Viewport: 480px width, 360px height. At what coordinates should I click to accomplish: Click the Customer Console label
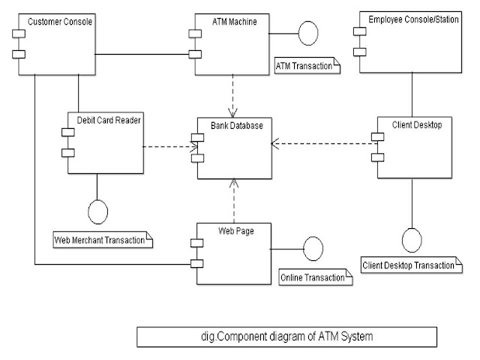[59, 22]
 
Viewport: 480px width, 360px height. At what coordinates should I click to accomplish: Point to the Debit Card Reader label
[109, 119]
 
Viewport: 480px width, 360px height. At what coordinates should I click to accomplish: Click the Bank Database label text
[235, 125]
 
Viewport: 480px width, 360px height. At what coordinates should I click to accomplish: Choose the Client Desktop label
[416, 125]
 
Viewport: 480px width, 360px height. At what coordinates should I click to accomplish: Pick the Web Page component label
[236, 231]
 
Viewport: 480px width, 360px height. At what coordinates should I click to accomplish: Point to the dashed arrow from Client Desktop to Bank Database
[322, 140]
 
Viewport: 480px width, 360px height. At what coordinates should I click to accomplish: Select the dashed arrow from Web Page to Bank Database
[235, 200]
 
